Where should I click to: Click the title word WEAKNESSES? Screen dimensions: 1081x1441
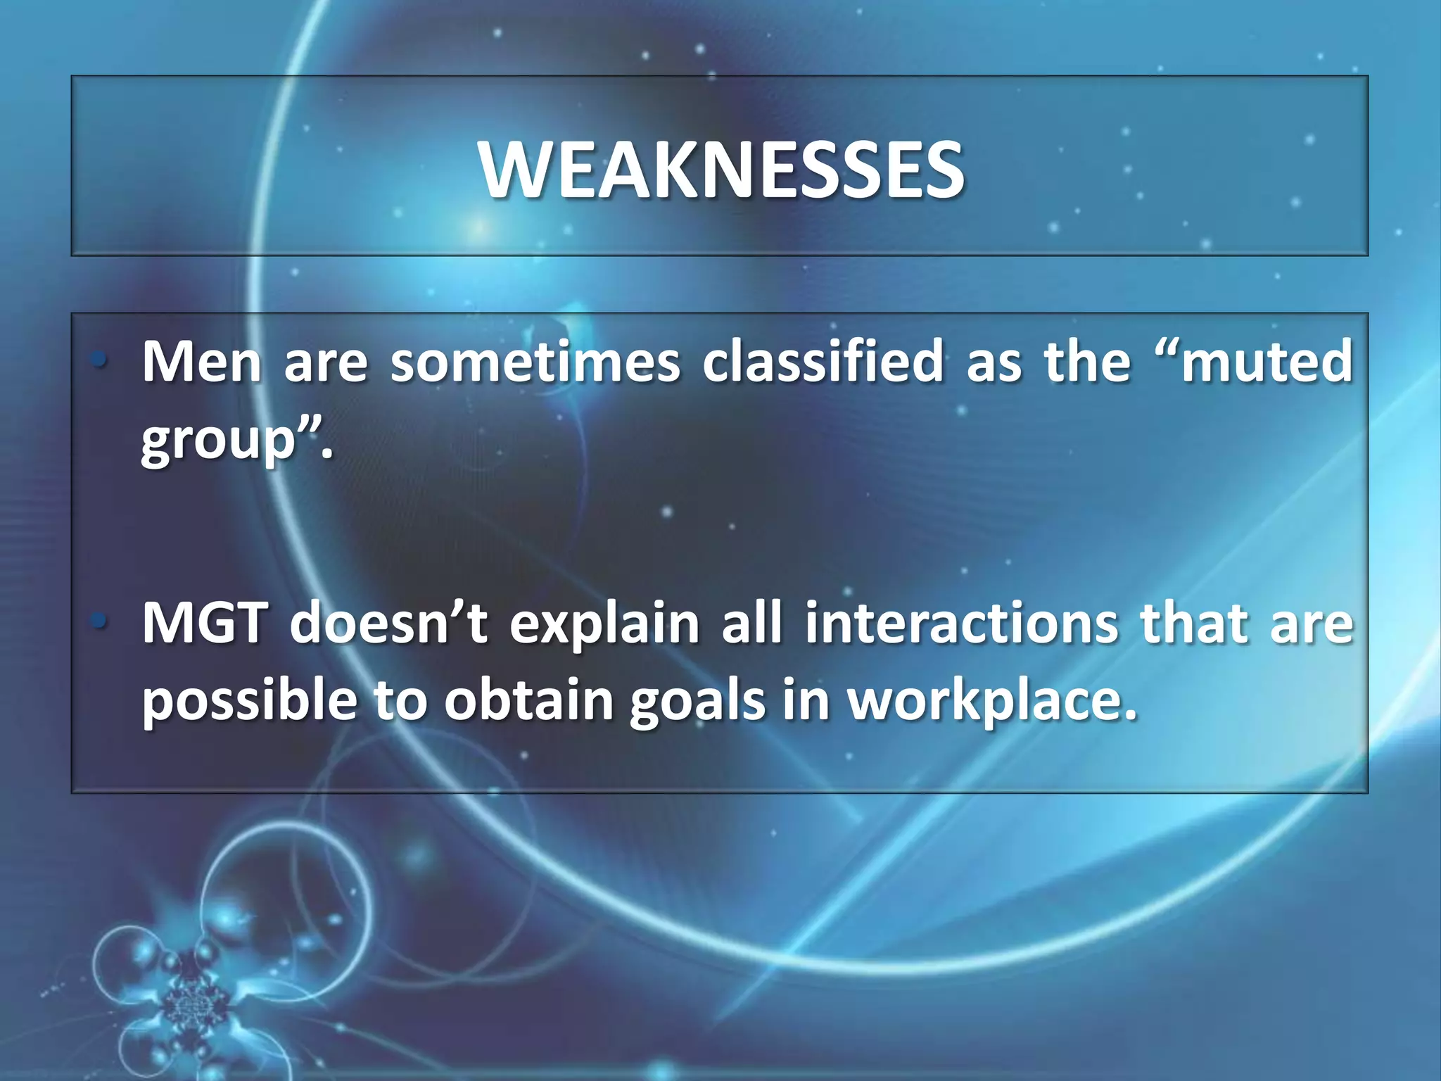721,170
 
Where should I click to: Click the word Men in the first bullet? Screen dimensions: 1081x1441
201,361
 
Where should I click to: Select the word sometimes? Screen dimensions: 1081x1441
535,361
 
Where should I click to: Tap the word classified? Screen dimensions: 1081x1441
823,361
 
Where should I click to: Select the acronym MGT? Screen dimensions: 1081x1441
205,624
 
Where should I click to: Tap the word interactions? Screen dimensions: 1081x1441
961,624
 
